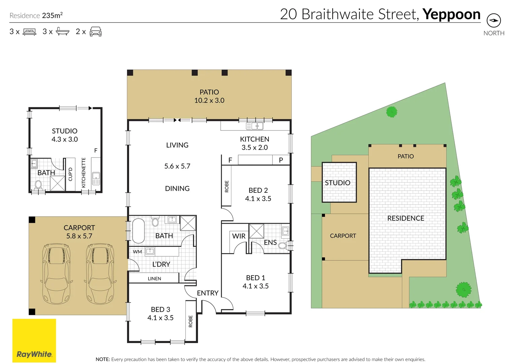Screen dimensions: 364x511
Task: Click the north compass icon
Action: point(493,21)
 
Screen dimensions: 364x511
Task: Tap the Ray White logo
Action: point(34,340)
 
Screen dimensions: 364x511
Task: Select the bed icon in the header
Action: point(29,32)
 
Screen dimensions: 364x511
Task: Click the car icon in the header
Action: point(96,32)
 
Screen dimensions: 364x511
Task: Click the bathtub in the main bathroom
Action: point(138,231)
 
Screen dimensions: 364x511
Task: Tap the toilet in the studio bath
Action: point(38,185)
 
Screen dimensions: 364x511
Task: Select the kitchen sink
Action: point(255,126)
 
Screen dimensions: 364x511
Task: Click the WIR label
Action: point(239,236)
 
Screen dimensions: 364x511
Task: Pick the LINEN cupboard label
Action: point(154,278)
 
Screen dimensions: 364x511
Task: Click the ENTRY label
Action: point(207,293)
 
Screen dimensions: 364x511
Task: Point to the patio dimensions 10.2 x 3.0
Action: point(209,100)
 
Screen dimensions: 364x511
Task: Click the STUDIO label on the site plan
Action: point(338,183)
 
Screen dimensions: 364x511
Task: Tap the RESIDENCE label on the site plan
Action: point(406,218)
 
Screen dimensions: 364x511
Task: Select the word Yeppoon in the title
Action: point(451,14)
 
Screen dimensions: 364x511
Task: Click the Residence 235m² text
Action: point(36,16)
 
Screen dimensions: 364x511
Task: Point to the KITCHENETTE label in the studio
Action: point(84,173)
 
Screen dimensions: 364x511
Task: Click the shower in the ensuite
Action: point(256,231)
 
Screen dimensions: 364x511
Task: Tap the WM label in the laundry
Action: point(137,251)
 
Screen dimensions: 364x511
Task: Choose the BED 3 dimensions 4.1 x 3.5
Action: point(160,318)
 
